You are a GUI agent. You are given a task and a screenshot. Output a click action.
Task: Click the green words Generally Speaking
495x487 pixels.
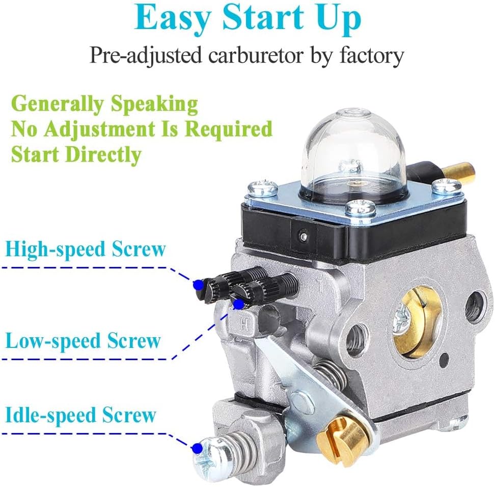point(104,104)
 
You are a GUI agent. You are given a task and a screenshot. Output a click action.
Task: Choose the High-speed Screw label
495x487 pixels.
point(86,250)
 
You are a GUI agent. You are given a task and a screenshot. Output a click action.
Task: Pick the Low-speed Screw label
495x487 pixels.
point(82,341)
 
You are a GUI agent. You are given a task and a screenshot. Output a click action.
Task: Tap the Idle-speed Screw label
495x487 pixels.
point(80,415)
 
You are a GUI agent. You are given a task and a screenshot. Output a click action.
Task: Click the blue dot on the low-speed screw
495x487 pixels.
point(238,304)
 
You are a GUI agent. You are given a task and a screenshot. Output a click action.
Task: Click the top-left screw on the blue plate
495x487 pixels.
point(263,191)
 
